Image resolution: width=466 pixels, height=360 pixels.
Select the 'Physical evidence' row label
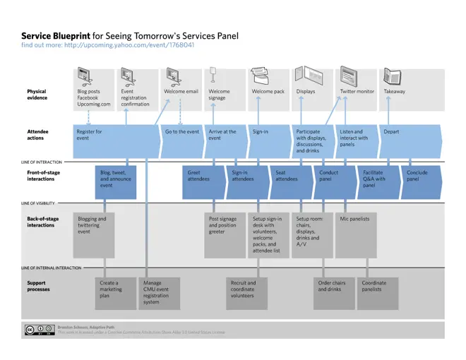tap(37, 95)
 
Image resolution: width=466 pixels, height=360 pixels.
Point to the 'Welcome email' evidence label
tap(181, 91)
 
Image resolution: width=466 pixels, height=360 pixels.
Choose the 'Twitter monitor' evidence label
tap(357, 91)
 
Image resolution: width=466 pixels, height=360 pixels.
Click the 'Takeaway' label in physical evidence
tap(394, 91)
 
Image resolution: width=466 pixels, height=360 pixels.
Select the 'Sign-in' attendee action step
tap(260, 131)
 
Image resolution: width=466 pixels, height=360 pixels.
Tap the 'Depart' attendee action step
tap(391, 131)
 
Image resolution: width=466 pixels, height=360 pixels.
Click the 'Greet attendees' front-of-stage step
tap(198, 176)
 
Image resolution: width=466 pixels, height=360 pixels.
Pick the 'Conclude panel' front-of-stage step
tap(417, 176)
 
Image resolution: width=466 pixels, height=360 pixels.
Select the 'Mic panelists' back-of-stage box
tap(354, 219)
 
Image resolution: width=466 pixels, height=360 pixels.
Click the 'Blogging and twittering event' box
tap(92, 225)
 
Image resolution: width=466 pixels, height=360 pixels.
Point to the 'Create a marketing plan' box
tap(111, 289)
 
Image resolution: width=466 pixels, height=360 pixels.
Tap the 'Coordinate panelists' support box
tap(374, 286)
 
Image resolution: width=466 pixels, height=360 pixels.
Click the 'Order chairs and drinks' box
tap(332, 286)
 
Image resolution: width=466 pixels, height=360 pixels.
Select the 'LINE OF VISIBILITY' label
tap(41, 203)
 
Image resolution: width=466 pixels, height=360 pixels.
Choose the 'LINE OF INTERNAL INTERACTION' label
tap(52, 268)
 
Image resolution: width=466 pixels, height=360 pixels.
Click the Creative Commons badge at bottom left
tap(39, 330)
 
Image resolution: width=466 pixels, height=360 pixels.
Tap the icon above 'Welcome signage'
tap(213, 74)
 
